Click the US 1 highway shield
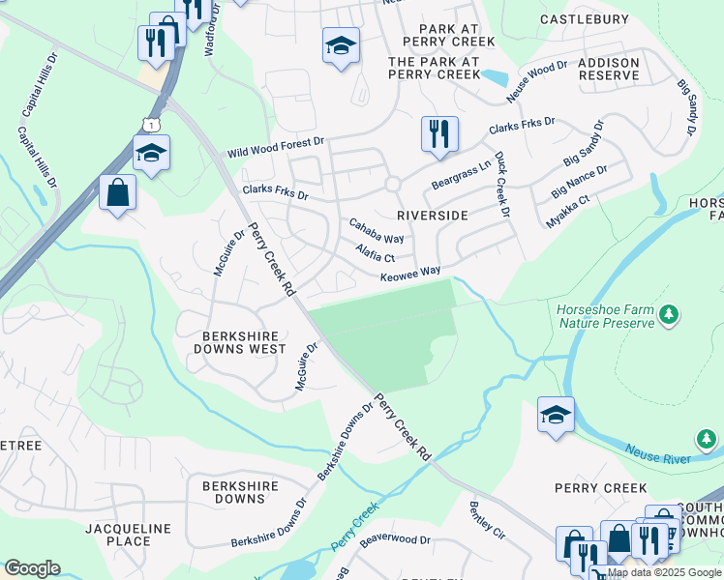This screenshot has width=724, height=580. tap(150, 125)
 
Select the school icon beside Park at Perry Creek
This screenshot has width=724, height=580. tap(341, 46)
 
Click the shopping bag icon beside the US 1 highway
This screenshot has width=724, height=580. tap(117, 191)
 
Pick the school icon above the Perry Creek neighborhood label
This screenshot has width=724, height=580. tap(556, 416)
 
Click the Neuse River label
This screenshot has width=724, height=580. tap(657, 453)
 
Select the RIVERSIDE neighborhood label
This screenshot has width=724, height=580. tap(433, 215)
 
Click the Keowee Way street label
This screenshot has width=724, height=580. tap(410, 274)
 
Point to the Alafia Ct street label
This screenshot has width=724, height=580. tap(376, 253)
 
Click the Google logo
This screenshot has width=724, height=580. tap(32, 568)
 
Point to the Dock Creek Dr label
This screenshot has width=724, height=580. tap(501, 183)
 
